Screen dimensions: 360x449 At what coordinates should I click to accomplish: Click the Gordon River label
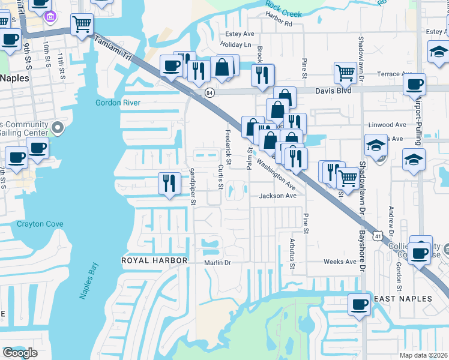(x=118, y=103)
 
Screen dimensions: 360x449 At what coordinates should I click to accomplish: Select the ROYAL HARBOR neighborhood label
(x=155, y=260)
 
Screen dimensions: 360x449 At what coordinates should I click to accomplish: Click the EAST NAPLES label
(x=403, y=299)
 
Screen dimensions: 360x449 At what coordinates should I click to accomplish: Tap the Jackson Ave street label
(x=278, y=196)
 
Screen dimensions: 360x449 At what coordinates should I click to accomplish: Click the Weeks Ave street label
(x=340, y=262)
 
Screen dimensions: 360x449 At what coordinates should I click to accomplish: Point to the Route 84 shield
(x=209, y=92)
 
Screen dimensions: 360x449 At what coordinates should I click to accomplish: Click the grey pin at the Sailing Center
(x=58, y=127)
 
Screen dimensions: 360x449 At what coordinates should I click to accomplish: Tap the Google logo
(x=20, y=353)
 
